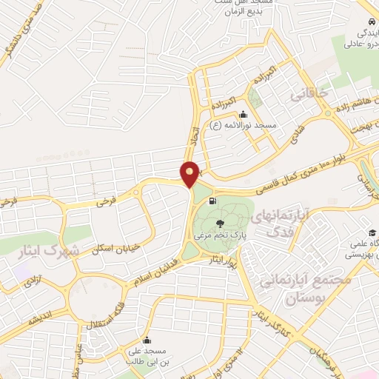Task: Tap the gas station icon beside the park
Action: pyautogui.click(x=214, y=201)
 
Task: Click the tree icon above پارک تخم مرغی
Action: pyautogui.click(x=220, y=224)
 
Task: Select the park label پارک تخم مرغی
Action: pyautogui.click(x=220, y=236)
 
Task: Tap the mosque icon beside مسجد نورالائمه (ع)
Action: pyautogui.click(x=243, y=114)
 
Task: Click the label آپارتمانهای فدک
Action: pyautogui.click(x=280, y=223)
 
